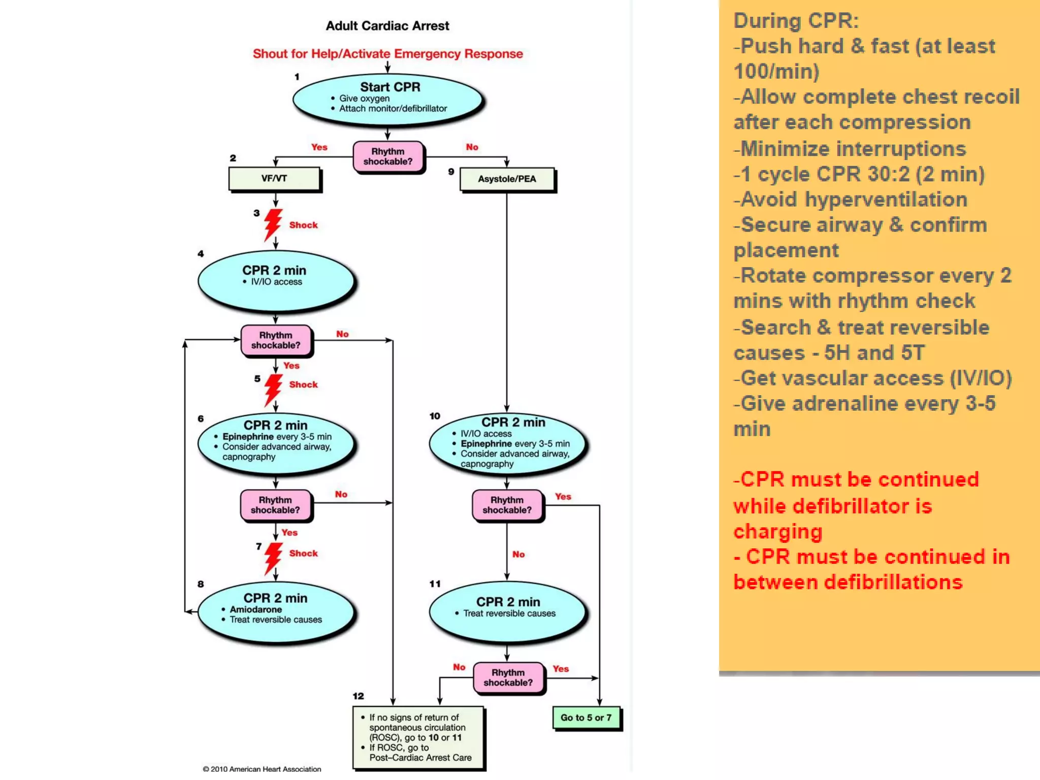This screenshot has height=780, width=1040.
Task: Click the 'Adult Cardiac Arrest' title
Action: (x=387, y=26)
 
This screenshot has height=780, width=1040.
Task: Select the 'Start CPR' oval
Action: (x=388, y=97)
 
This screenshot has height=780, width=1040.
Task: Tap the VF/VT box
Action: (x=274, y=179)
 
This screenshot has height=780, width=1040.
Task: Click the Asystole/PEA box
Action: (x=507, y=179)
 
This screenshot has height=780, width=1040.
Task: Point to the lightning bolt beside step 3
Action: (x=273, y=225)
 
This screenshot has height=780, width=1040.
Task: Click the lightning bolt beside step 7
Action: (x=273, y=558)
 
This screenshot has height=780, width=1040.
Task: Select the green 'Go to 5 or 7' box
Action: (x=586, y=718)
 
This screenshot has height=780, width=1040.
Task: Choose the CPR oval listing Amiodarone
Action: (x=275, y=611)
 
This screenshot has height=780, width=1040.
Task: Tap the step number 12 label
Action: (x=358, y=696)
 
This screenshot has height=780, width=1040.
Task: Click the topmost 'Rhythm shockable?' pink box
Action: (x=388, y=157)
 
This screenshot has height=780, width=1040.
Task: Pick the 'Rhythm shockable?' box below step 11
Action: (x=508, y=678)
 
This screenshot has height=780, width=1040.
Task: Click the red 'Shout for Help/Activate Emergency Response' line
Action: (x=387, y=54)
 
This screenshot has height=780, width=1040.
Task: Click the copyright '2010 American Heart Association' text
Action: (x=262, y=769)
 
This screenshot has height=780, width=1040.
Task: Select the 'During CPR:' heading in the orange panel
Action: (x=796, y=21)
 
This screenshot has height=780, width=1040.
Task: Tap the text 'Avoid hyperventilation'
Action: (x=854, y=200)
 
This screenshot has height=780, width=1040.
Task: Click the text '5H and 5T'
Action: (x=874, y=353)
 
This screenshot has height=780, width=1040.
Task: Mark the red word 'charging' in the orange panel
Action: (x=777, y=532)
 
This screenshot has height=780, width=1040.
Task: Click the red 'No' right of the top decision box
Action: (x=472, y=147)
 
